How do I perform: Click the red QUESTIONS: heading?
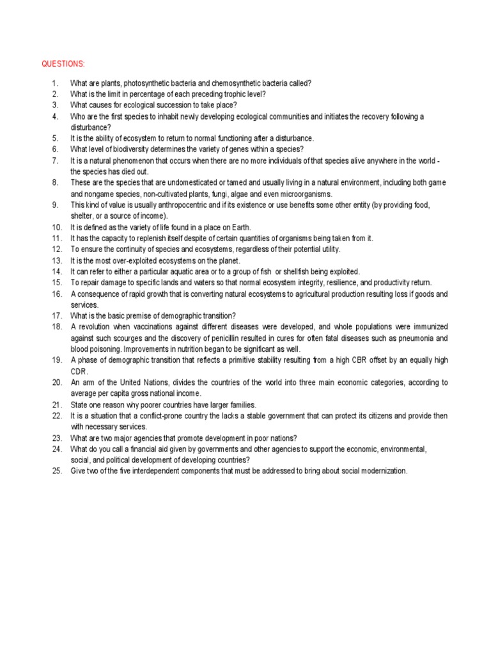(63, 64)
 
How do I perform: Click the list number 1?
(55, 83)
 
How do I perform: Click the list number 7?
(55, 160)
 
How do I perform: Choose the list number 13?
(56, 260)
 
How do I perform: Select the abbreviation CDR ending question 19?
(79, 371)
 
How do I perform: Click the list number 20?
(56, 382)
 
